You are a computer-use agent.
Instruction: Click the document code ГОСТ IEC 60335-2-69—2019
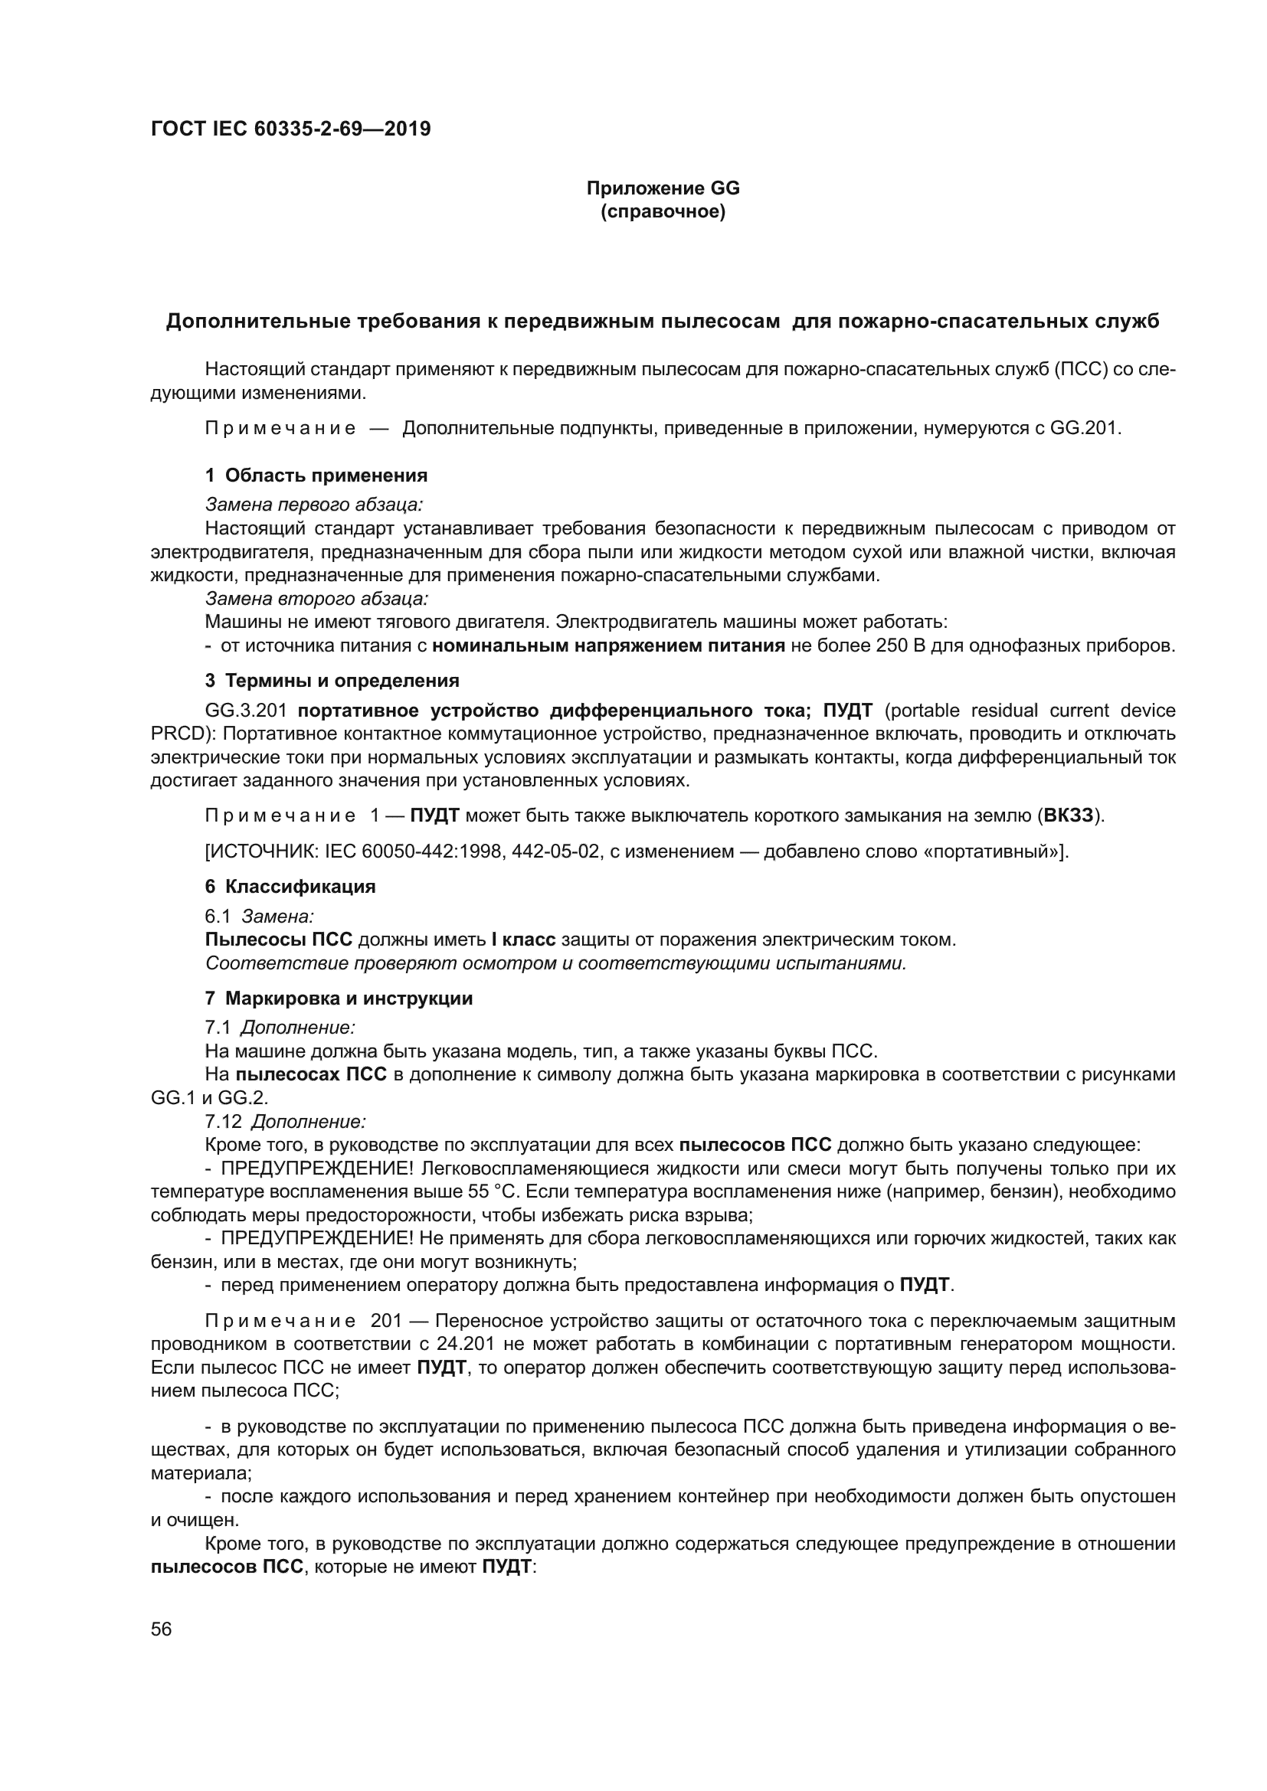click(x=290, y=129)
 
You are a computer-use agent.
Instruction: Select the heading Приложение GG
click(x=663, y=188)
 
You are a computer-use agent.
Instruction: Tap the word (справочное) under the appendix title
click(x=663, y=211)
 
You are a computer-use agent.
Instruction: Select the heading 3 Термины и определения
click(x=332, y=680)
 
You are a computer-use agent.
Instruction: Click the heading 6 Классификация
click(x=290, y=886)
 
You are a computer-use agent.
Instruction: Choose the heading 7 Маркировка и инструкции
click(x=339, y=998)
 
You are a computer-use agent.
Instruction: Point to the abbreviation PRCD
click(x=176, y=734)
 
